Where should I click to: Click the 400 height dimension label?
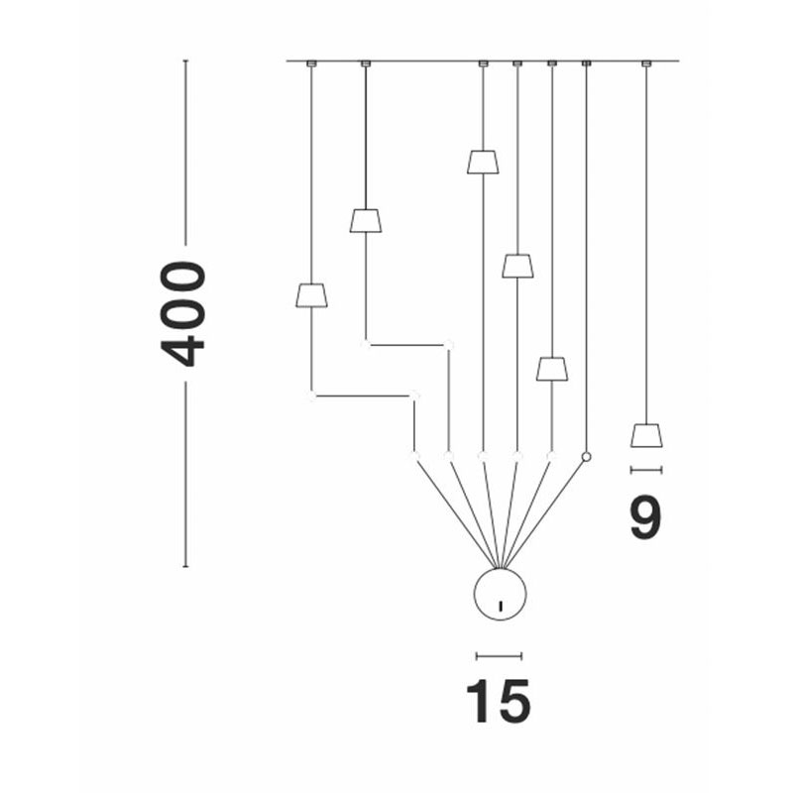(x=182, y=313)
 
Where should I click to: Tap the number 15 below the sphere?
(x=499, y=702)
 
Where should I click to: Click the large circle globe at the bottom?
(x=500, y=594)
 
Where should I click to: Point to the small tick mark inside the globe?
(x=501, y=606)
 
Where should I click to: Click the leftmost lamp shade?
(x=311, y=295)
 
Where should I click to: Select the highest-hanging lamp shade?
(x=483, y=162)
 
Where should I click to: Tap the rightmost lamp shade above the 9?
(x=646, y=435)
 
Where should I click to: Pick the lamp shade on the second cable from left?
(x=366, y=220)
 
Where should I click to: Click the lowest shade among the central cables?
(x=552, y=369)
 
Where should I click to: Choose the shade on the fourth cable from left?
(x=517, y=266)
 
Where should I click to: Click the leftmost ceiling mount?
(x=311, y=63)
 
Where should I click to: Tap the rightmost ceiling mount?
(x=646, y=63)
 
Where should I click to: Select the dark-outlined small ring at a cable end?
(x=586, y=457)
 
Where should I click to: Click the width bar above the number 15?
(x=499, y=656)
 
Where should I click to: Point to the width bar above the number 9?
(x=646, y=470)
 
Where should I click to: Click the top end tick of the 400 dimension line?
(x=185, y=60)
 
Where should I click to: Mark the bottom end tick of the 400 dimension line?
(x=185, y=566)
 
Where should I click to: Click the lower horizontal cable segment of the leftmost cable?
(x=363, y=396)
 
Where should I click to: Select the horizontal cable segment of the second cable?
(x=407, y=345)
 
